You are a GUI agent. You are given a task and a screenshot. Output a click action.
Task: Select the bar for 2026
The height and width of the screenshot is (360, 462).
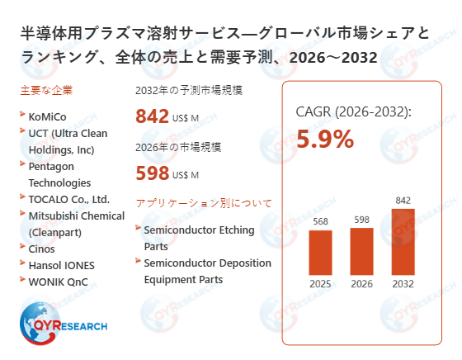(362, 251)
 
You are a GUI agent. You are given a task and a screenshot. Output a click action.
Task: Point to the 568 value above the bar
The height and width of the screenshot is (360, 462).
(320, 220)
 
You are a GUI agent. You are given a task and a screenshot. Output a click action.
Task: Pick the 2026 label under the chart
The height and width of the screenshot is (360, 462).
(362, 284)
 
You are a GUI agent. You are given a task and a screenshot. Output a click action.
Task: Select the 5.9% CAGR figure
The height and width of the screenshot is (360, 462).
(325, 140)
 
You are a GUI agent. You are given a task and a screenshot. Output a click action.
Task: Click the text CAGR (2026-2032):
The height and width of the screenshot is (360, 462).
(353, 112)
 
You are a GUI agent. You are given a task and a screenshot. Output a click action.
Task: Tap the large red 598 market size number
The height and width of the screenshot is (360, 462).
(152, 173)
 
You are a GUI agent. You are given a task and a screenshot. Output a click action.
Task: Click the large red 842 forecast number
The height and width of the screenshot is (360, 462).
(152, 116)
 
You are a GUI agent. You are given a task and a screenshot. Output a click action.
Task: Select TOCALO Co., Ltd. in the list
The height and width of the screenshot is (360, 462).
(69, 199)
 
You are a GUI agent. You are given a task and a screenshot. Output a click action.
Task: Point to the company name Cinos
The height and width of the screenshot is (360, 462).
(43, 249)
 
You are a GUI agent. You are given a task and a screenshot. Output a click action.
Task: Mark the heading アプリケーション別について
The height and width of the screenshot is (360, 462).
(203, 202)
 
